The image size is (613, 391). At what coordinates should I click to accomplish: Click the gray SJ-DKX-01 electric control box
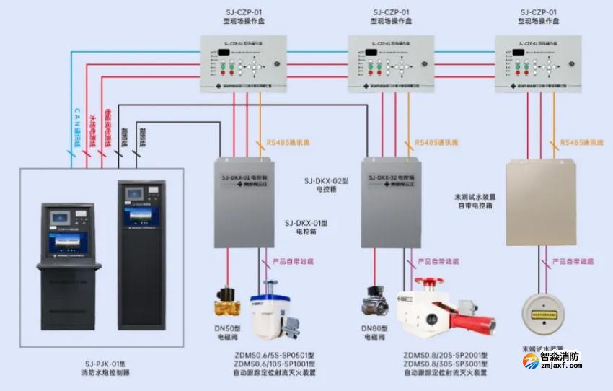(x=244, y=202)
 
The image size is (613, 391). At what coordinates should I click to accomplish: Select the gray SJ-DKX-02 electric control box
(x=390, y=202)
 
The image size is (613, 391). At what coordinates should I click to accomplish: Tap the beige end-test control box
(x=540, y=203)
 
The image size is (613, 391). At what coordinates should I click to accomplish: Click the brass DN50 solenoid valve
(x=227, y=302)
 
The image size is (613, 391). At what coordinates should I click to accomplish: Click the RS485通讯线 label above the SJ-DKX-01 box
(x=288, y=144)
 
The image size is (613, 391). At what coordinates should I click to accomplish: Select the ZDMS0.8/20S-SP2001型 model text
(x=446, y=355)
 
